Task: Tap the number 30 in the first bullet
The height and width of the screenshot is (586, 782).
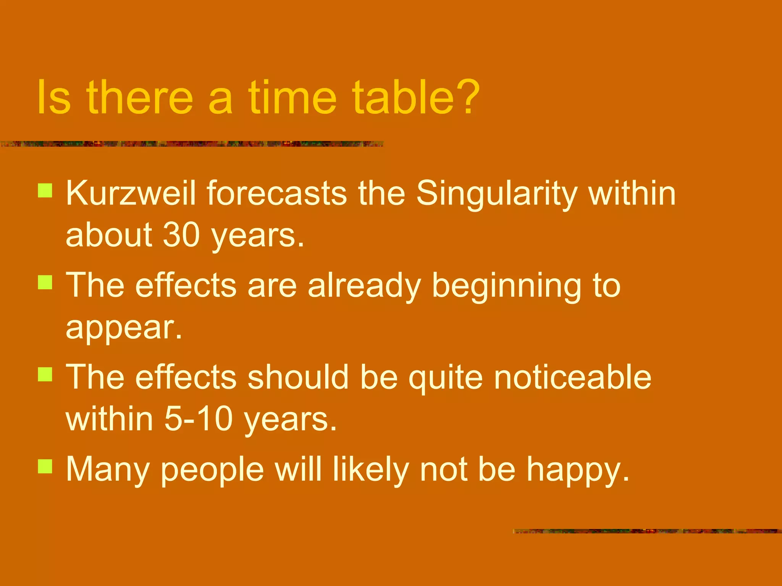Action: coord(181,235)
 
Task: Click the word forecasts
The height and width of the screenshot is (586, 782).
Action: coord(277,194)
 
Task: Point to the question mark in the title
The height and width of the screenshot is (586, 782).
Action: coord(468,97)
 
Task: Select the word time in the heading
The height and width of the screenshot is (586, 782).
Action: coord(292,97)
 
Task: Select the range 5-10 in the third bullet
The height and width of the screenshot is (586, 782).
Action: coord(199,419)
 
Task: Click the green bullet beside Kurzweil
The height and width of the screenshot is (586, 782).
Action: coord(45,190)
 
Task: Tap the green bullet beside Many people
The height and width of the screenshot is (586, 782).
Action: coord(45,466)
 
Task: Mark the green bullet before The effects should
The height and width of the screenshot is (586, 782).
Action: coord(45,374)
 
